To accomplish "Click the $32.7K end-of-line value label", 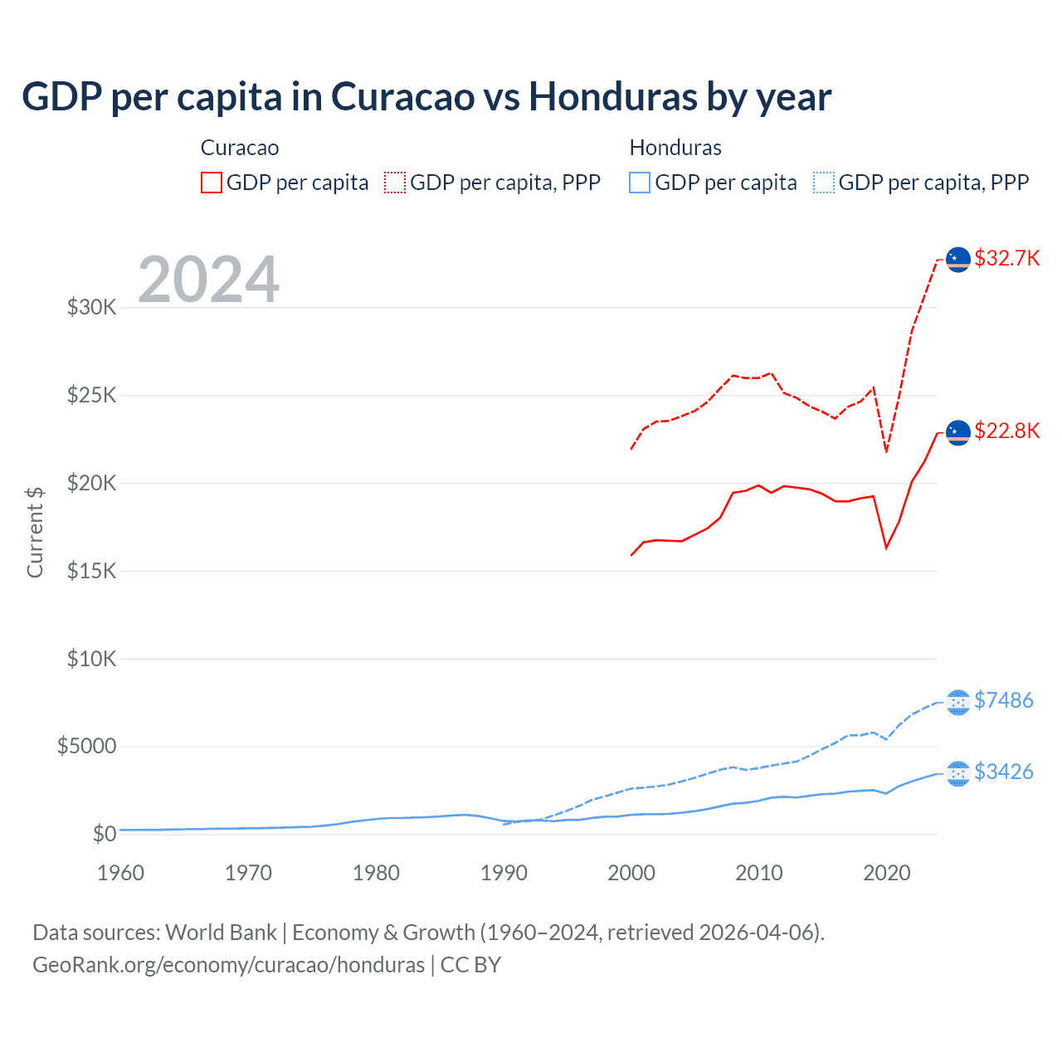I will pyautogui.click(x=1006, y=258).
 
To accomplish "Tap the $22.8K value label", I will pyautogui.click(x=1006, y=431).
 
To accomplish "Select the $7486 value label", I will pyautogui.click(x=1004, y=700).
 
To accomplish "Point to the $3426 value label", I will pyautogui.click(x=1004, y=772).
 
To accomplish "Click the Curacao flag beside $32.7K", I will pyautogui.click(x=958, y=259).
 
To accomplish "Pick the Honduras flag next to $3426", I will pyautogui.click(x=958, y=773).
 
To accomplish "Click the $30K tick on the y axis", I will pyautogui.click(x=92, y=307).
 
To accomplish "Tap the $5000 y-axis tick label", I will pyautogui.click(x=87, y=746).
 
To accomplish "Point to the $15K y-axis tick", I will pyautogui.click(x=92, y=571).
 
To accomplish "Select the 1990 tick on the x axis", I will pyautogui.click(x=504, y=873).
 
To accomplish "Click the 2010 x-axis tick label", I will pyautogui.click(x=759, y=873).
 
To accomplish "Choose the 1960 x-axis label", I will pyautogui.click(x=121, y=873).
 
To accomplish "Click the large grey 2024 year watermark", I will pyautogui.click(x=208, y=280).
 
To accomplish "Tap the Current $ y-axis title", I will pyautogui.click(x=35, y=532).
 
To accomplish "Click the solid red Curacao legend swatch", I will pyautogui.click(x=212, y=183).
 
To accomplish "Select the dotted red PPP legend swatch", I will pyautogui.click(x=395, y=183).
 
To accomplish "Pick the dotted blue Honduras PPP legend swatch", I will pyautogui.click(x=824, y=183).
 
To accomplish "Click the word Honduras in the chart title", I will pyautogui.click(x=612, y=96).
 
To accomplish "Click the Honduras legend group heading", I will pyautogui.click(x=675, y=148).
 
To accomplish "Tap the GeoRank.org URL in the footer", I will pyautogui.click(x=228, y=965).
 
